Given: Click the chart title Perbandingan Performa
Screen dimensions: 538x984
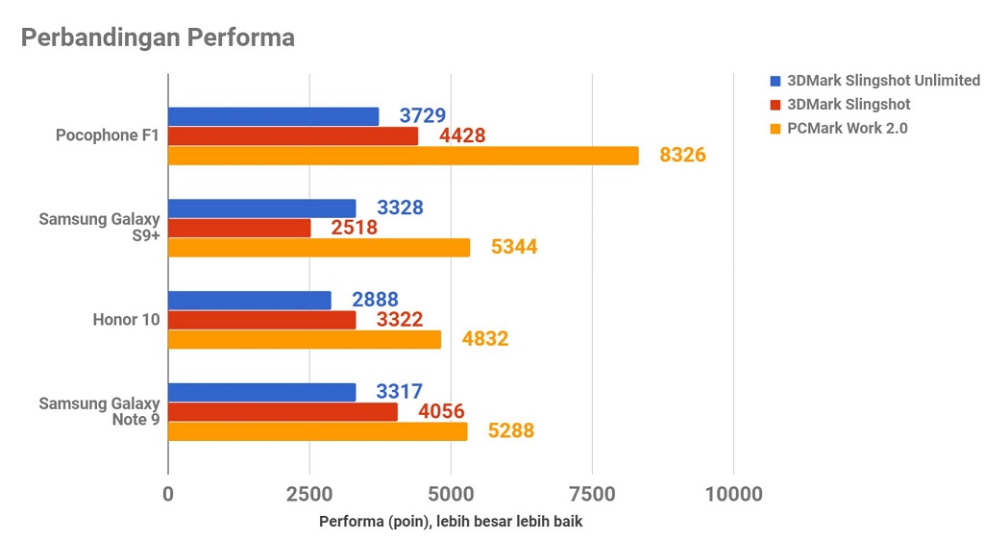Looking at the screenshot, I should pos(158,38).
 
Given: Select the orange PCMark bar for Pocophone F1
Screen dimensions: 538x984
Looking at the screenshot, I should pos(404,155).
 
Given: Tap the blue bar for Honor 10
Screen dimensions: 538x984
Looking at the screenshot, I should pos(250,301).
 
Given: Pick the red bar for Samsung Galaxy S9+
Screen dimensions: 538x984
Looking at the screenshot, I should pos(239,228).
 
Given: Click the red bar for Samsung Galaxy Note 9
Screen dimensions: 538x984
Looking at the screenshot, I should pos(283,412).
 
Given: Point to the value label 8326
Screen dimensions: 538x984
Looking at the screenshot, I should pos(682,155).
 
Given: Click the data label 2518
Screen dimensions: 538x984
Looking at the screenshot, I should pos(354,228).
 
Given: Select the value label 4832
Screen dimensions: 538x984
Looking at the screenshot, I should pos(484,339).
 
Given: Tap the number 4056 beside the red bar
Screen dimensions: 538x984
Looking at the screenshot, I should pos(441,412).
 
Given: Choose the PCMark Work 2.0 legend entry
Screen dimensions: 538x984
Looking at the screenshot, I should pos(847,128).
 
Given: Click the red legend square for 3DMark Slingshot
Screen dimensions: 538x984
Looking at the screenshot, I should pos(775,104).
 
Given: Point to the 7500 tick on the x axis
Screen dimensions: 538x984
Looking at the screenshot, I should pos(593,495).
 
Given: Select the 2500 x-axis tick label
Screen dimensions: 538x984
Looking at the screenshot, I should pos(309,495).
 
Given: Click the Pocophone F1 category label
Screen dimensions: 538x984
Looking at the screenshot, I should pos(108,135).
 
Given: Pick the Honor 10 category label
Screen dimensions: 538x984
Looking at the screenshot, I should pos(126,320).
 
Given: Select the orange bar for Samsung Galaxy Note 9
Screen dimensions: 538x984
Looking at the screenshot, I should pos(318,431).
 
